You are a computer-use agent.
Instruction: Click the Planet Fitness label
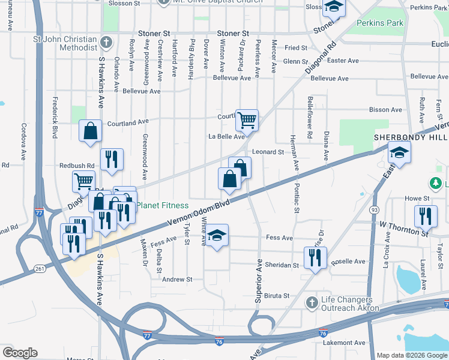[x=163, y=205]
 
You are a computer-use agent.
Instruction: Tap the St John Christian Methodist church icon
[x=106, y=42]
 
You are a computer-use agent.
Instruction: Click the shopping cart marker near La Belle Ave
[x=247, y=119]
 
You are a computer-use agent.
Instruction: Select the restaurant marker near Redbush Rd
[x=112, y=158]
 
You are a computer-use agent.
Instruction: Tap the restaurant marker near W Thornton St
[x=426, y=215]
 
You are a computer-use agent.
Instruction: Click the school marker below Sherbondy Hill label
[x=399, y=152]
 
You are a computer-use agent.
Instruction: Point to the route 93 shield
[x=375, y=209]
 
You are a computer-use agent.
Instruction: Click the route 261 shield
[x=40, y=268]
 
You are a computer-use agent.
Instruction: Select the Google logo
[x=20, y=353]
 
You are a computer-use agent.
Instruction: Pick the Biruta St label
[x=277, y=296]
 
